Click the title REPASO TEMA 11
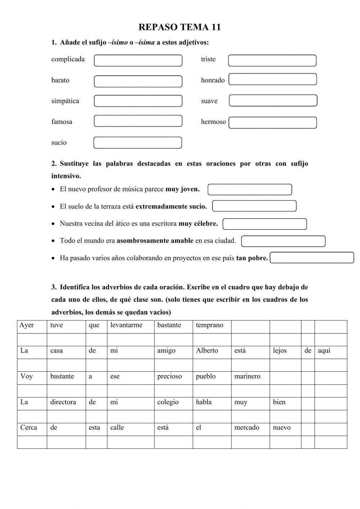point(179,27)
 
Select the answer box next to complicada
point(138,61)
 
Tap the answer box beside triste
point(272,61)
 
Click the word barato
point(60,80)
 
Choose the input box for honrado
point(273,79)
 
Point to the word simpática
point(65,101)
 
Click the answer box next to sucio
point(138,143)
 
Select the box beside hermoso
point(273,122)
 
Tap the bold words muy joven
point(182,189)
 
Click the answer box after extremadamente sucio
point(254,206)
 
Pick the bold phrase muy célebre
point(198,224)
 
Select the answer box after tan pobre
point(312,258)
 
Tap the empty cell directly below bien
point(285,416)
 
